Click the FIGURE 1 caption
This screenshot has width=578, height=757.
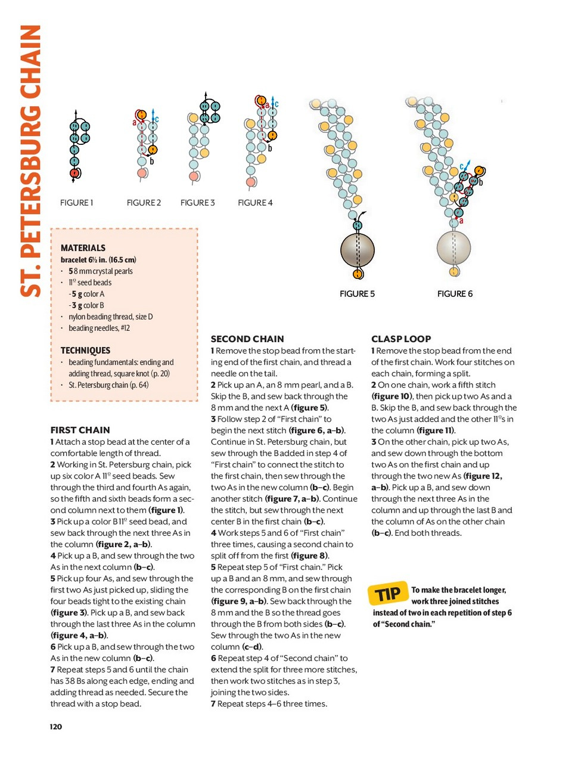point(76,203)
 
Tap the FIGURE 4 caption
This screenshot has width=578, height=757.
point(255,203)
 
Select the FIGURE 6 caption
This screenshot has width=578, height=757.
point(455,294)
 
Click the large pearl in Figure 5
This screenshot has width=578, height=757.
point(358,250)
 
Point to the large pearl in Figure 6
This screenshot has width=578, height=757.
point(454,247)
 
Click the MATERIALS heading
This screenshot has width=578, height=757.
point(83,248)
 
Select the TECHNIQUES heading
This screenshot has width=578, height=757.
point(85,350)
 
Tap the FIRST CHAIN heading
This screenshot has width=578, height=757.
point(80,430)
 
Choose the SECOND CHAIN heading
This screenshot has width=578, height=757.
point(247,339)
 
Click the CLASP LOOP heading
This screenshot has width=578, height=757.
point(401,339)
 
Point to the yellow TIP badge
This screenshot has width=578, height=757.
point(389,593)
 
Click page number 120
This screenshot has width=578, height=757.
point(56,726)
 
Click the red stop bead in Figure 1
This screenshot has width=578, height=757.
point(74,173)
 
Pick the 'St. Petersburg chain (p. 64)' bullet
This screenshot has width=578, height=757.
point(108,385)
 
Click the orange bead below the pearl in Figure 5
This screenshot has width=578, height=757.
point(358,274)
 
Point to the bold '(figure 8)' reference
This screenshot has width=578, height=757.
point(309,556)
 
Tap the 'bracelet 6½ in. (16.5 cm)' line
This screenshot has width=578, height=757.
point(98,260)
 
